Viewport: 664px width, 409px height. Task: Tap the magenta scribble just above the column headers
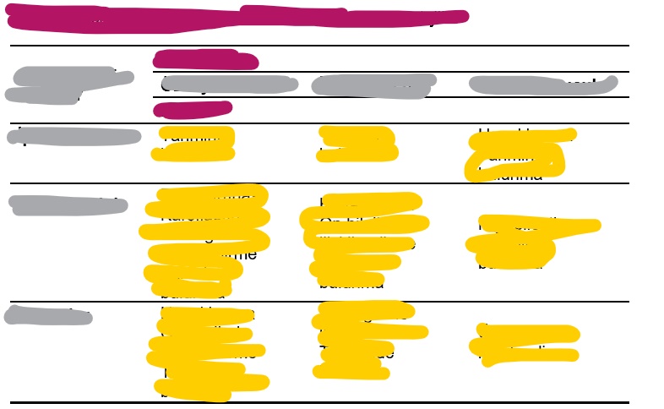(205, 60)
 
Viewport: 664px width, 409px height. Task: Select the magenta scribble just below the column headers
(193, 109)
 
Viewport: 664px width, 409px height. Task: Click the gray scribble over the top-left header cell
(68, 85)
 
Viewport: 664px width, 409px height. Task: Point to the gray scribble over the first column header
(226, 85)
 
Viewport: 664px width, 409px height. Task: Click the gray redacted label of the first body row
(74, 137)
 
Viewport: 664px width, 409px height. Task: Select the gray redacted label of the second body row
(68, 205)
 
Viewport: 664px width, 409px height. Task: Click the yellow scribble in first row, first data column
(198, 144)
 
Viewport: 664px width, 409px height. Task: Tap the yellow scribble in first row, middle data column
(357, 144)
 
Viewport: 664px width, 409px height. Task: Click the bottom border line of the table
(319, 402)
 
